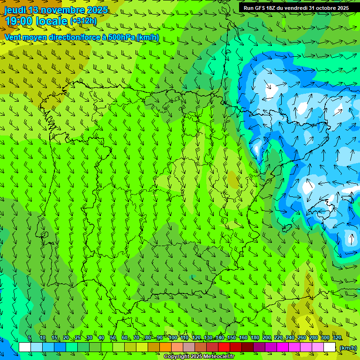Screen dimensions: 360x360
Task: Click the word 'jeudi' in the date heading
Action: pos(15,10)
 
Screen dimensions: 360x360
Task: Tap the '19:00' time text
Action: pos(18,22)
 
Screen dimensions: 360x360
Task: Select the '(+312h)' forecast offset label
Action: pos(83,21)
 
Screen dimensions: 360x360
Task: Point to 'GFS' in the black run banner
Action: pos(260,8)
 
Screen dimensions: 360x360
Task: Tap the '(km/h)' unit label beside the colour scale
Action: pos(347,347)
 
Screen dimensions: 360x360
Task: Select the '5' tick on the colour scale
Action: pos(30,338)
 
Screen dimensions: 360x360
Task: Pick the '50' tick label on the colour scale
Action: pos(113,338)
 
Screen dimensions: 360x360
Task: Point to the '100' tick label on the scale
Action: pos(172,338)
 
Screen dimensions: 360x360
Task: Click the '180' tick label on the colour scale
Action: pos(255,338)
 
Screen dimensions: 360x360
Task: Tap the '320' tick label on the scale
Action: pos(337,338)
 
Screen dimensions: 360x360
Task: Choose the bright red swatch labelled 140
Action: pos(224,347)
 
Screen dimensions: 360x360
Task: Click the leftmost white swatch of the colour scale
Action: pos(25,347)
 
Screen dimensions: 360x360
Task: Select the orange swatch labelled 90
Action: pos(165,347)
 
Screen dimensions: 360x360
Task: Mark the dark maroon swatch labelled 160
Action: pos(247,347)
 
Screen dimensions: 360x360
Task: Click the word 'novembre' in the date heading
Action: pos(64,10)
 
